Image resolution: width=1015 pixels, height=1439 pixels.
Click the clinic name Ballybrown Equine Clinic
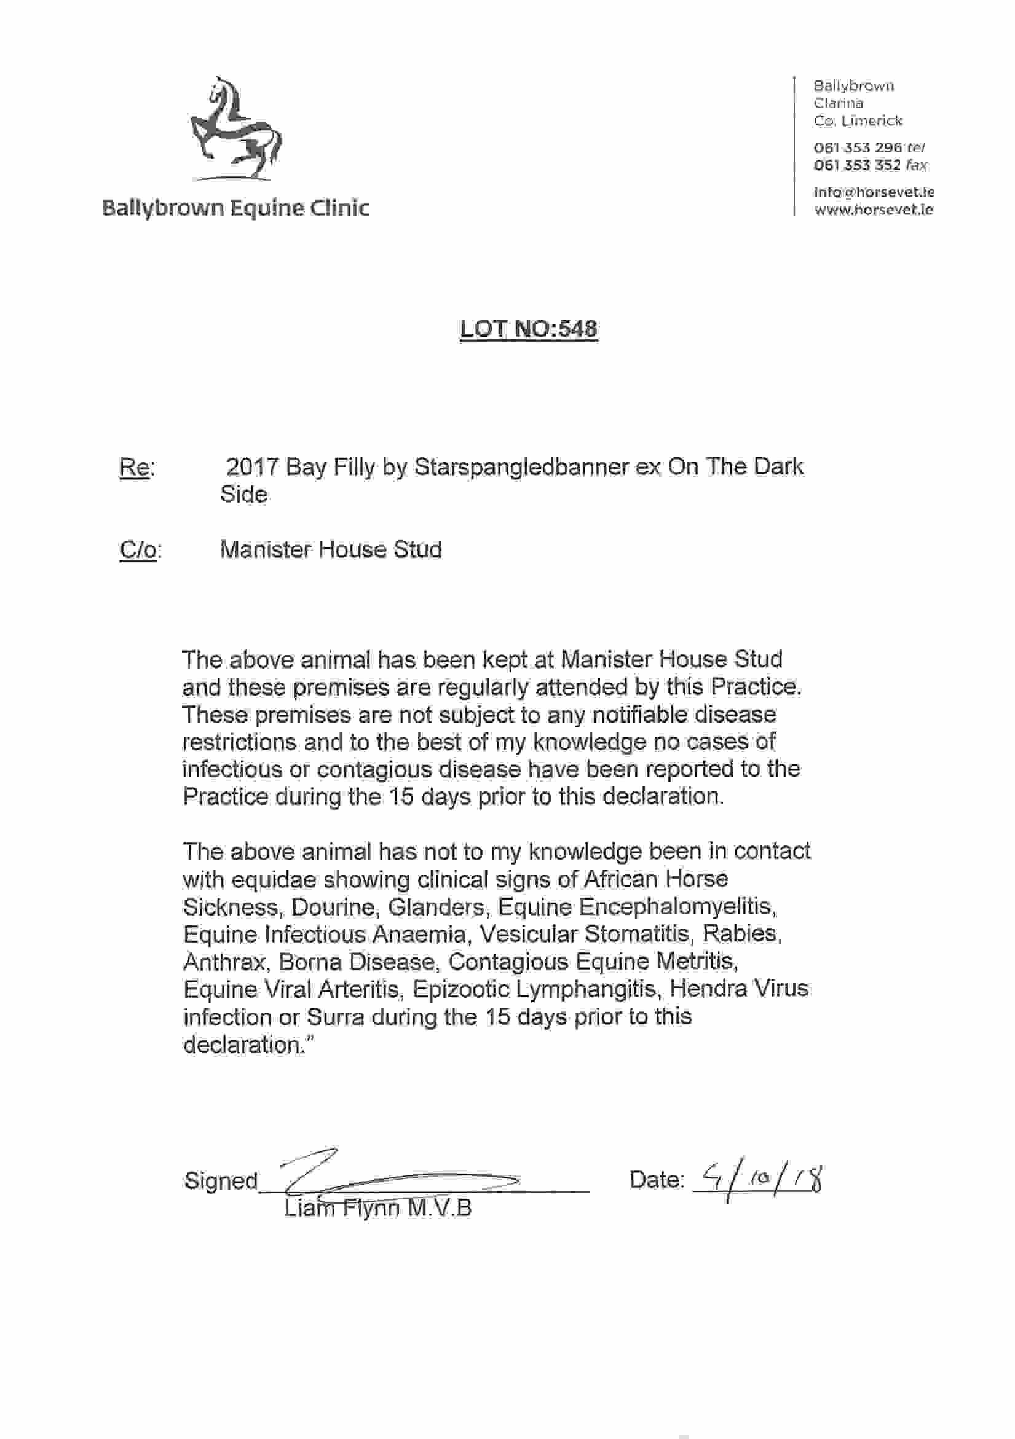[235, 208]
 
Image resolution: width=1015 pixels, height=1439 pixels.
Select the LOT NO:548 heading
[529, 328]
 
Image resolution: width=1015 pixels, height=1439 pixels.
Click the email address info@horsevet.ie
[874, 192]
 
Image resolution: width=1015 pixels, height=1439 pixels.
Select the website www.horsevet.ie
[874, 210]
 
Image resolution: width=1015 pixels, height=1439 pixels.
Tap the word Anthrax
[224, 962]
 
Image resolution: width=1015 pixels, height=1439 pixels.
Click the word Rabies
[741, 935]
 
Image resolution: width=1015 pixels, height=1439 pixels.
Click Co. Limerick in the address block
[858, 121]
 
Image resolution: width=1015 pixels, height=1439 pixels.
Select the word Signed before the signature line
[221, 1181]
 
